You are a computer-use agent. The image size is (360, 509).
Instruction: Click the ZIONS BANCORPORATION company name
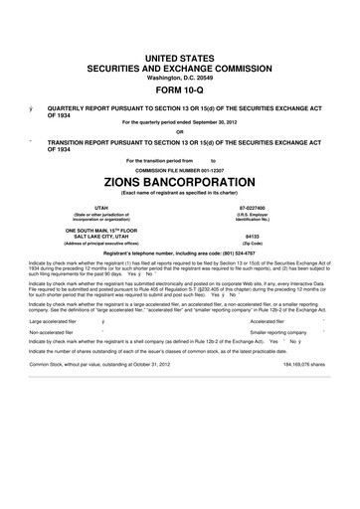pyautogui.click(x=180, y=185)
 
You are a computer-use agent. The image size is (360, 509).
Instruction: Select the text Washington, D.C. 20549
pyautogui.click(x=180, y=75)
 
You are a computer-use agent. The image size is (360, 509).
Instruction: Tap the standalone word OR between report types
pyautogui.click(x=180, y=132)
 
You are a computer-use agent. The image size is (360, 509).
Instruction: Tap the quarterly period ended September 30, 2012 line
pyautogui.click(x=180, y=121)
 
